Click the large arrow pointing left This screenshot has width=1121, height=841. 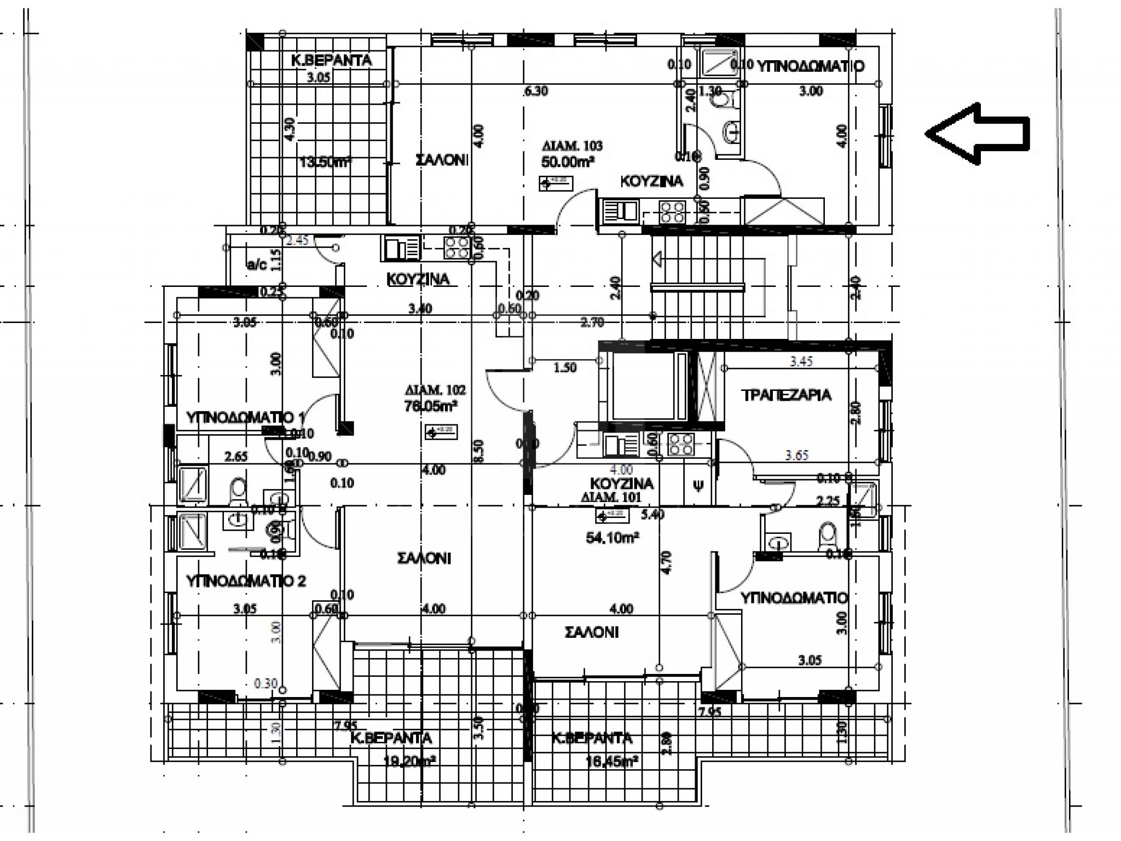tap(977, 133)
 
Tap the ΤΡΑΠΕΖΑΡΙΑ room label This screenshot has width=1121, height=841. tap(786, 395)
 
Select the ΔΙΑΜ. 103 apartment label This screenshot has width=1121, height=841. tap(572, 146)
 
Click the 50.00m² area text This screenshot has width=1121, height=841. tap(568, 162)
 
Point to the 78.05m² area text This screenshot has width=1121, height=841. tap(431, 406)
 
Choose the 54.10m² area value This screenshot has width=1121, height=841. tap(612, 538)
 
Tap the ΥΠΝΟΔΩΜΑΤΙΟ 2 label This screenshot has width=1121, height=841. tap(246, 581)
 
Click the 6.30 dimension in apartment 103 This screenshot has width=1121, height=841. tap(535, 91)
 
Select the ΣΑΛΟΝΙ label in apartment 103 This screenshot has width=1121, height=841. tap(441, 160)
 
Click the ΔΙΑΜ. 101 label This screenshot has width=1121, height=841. tap(612, 498)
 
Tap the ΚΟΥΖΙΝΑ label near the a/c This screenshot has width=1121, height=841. tap(418, 279)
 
